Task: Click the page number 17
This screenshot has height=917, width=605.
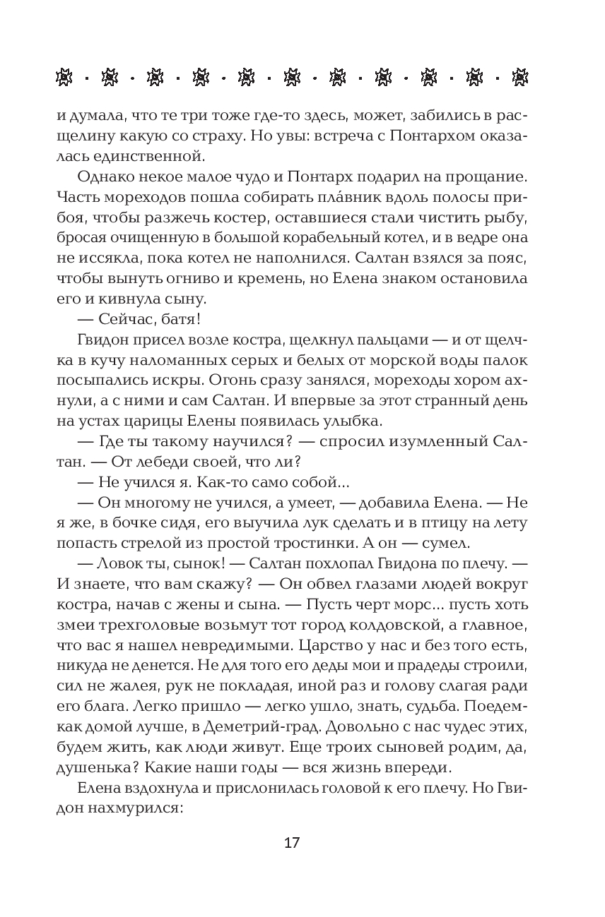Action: pyautogui.click(x=292, y=844)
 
